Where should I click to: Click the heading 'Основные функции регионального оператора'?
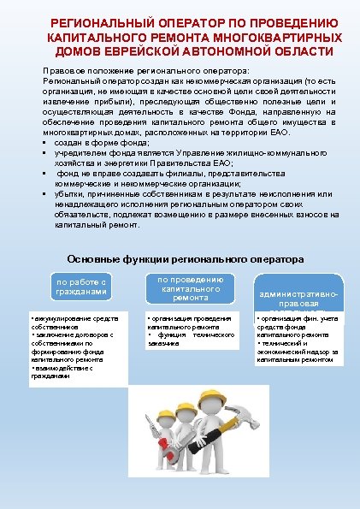pos(185,259)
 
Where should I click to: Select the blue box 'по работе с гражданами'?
pos(82,287)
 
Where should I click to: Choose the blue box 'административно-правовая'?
pos(298,299)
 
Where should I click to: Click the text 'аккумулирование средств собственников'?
pos(72,323)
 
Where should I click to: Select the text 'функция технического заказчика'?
pos(192,339)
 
